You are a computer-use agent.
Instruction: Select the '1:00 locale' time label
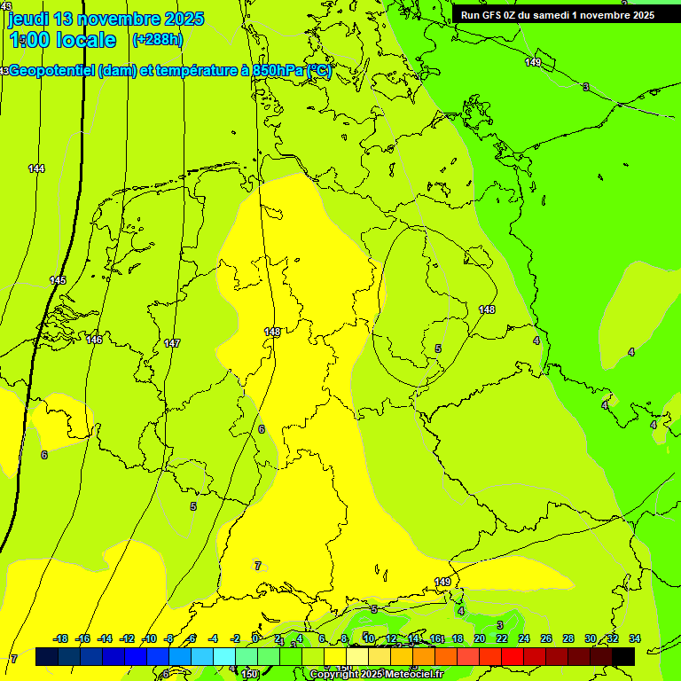pyautogui.click(x=62, y=40)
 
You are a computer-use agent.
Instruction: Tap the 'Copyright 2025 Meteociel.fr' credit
pyautogui.click(x=376, y=675)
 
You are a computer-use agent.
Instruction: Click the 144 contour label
pyautogui.click(x=36, y=168)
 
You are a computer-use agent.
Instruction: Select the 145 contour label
pyautogui.click(x=58, y=280)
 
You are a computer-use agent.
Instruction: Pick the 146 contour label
pyautogui.click(x=95, y=340)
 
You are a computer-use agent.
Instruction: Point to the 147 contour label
pyautogui.click(x=172, y=343)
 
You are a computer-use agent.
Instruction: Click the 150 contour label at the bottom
pyautogui.click(x=250, y=675)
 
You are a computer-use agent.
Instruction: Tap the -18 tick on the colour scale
pyautogui.click(x=60, y=638)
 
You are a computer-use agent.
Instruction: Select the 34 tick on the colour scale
pyautogui.click(x=634, y=638)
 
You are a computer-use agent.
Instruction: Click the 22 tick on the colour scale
pyautogui.click(x=501, y=638)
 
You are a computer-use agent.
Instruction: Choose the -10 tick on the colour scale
pyautogui.click(x=149, y=638)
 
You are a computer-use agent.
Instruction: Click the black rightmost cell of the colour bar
pyautogui.click(x=623, y=657)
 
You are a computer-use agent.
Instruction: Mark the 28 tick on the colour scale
pyautogui.click(x=567, y=638)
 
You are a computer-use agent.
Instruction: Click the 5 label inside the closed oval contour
pyautogui.click(x=438, y=348)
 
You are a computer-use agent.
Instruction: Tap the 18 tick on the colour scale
pyautogui.click(x=457, y=638)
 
